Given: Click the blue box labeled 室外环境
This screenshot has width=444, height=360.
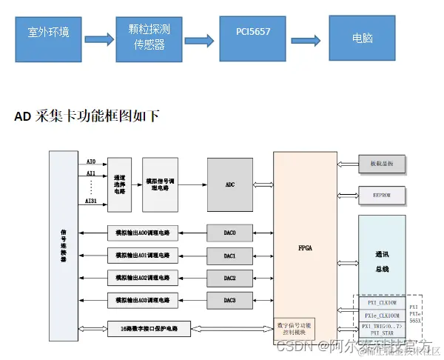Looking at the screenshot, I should (49, 33).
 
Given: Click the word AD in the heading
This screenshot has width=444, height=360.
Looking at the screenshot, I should (22, 116).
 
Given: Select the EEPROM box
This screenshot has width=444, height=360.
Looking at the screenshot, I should (381, 196).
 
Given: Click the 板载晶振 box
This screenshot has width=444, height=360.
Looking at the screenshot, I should (381, 163).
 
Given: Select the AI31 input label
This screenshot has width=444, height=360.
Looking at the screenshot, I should (91, 201).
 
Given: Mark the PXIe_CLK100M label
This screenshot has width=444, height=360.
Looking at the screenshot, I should (383, 315).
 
